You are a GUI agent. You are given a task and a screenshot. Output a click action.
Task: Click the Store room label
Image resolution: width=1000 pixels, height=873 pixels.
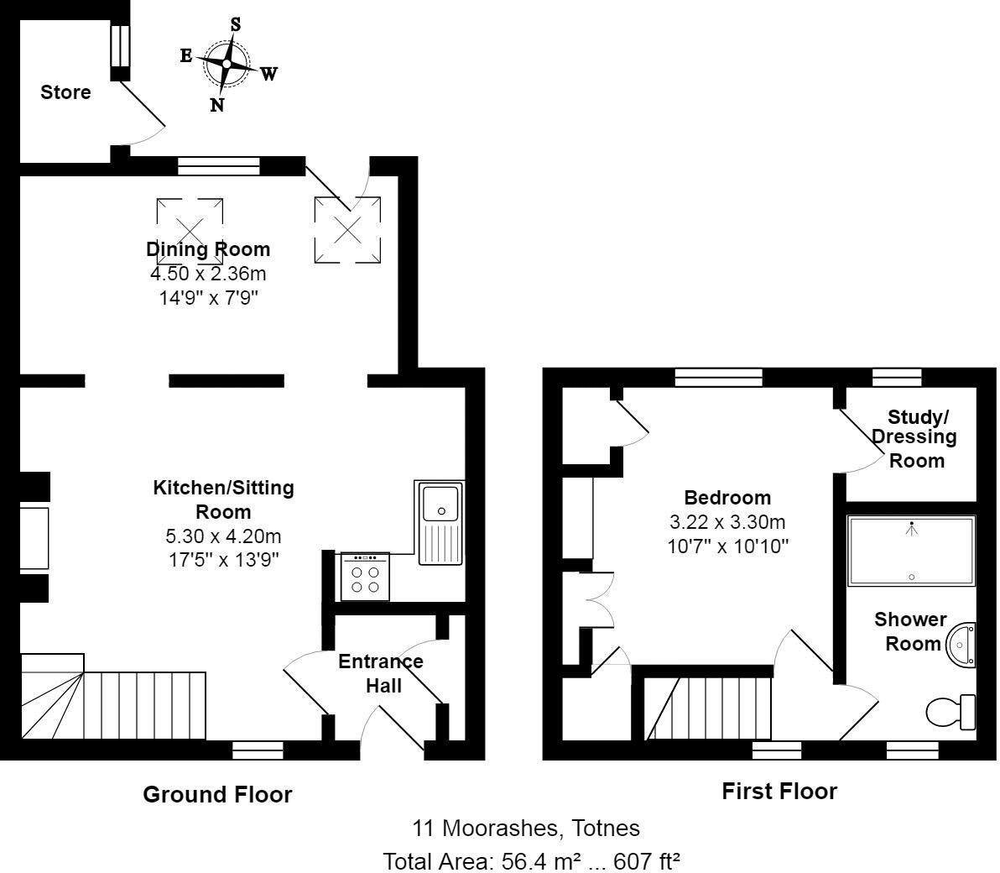65,91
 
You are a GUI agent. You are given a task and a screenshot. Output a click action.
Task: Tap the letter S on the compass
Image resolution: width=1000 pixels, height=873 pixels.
236,24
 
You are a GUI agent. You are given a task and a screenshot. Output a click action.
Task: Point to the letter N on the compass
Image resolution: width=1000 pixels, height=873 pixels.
216,105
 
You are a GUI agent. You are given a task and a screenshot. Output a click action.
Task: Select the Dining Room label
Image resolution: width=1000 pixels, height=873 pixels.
208,248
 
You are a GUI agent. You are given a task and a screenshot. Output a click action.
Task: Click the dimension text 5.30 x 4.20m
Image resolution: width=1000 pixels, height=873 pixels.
223,536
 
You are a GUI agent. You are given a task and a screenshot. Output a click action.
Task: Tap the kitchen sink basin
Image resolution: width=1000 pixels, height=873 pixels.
440,504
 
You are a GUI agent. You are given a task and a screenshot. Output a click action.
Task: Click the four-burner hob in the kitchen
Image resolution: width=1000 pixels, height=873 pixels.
365,577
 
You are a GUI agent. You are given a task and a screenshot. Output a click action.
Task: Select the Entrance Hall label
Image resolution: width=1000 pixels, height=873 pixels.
381,673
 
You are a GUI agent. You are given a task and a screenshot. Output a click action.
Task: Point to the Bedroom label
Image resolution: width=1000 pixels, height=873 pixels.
727,497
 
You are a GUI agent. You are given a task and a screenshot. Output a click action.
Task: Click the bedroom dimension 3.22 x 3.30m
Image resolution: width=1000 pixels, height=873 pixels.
727,522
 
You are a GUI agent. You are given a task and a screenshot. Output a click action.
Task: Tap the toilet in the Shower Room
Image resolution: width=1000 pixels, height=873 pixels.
951,712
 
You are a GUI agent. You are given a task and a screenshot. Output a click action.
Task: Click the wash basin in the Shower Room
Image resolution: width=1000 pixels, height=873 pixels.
961,645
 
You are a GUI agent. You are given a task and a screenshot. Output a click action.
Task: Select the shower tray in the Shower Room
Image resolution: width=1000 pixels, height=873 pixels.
911,550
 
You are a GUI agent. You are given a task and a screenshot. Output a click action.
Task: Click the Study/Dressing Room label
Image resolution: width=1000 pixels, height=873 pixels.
916,438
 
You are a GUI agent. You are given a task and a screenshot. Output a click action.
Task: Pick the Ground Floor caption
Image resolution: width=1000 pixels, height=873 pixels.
217,794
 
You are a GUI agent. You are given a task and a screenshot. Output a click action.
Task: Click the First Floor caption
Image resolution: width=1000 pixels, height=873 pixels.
779,792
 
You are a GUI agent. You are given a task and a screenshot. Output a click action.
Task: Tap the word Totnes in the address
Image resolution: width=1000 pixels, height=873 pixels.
605,829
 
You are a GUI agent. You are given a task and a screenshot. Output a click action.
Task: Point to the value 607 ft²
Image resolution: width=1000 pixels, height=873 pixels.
646,861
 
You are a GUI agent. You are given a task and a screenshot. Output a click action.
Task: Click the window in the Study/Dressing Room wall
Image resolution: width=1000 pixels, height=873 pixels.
897,378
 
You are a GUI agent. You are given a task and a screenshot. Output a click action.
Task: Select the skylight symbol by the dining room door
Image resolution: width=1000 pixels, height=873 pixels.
347,230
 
